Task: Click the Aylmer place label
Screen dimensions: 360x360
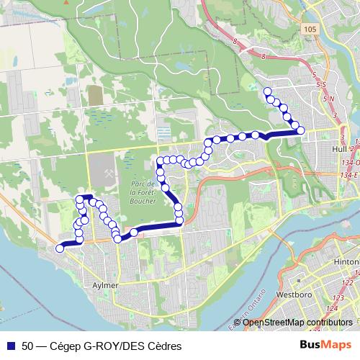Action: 105,285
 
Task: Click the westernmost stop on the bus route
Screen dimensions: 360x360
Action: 60,249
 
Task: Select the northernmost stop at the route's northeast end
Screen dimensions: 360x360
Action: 267,91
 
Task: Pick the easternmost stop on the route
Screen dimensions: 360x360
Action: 301,130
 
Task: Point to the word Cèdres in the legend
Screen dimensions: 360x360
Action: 163,346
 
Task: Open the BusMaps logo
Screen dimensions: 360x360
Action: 325,346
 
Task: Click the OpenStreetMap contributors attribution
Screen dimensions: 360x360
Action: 297,322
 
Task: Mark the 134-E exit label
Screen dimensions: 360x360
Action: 351,174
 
